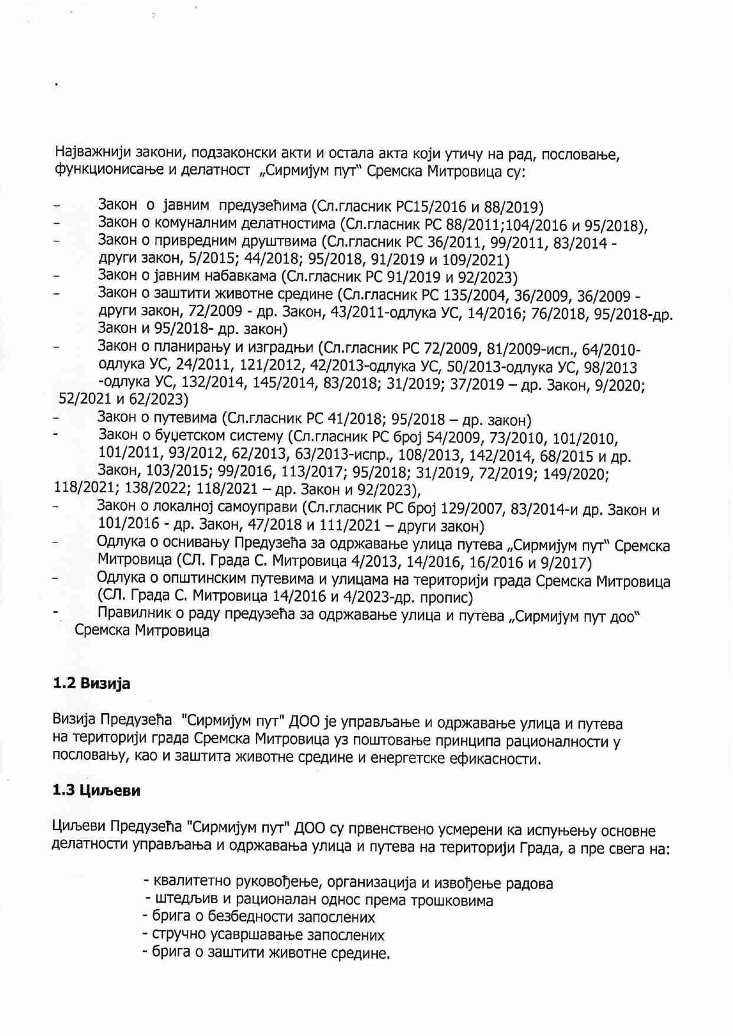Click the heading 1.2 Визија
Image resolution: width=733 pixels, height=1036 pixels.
tap(91, 684)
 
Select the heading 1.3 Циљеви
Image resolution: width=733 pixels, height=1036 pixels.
tap(96, 791)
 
